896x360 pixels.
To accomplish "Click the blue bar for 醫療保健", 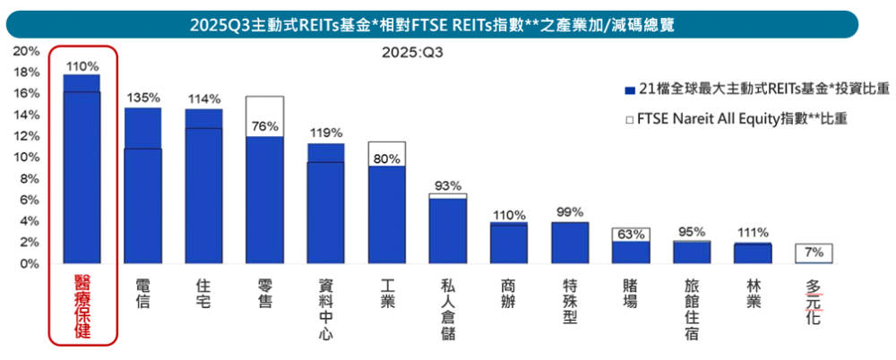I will [82, 170].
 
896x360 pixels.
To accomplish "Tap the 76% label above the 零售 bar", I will [265, 124].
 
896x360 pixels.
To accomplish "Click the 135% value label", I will [142, 98].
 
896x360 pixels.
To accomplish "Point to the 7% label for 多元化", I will [814, 252].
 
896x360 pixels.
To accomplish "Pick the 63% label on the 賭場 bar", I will [631, 235].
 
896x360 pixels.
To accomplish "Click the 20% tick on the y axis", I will [27, 51].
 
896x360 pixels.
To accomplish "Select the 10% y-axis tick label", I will [27, 158].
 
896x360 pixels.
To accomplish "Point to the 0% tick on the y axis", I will [30, 264].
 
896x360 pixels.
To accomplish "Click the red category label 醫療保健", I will [82, 304].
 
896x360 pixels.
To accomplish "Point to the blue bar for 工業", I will [387, 215].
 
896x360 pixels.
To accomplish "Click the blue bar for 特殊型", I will [570, 243].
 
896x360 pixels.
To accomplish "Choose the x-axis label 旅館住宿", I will [692, 309].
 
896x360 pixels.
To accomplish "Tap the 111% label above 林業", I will [753, 233].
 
